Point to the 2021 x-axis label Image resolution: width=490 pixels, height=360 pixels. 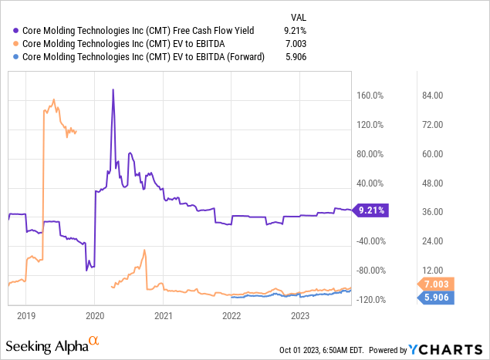click(x=163, y=315)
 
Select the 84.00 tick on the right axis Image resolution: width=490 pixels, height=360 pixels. click(x=431, y=96)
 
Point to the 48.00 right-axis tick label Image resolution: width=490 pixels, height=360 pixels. click(x=431, y=183)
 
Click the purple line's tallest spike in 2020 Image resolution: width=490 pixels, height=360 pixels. click(x=113, y=89)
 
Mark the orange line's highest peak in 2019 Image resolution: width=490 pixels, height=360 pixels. click(x=53, y=99)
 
